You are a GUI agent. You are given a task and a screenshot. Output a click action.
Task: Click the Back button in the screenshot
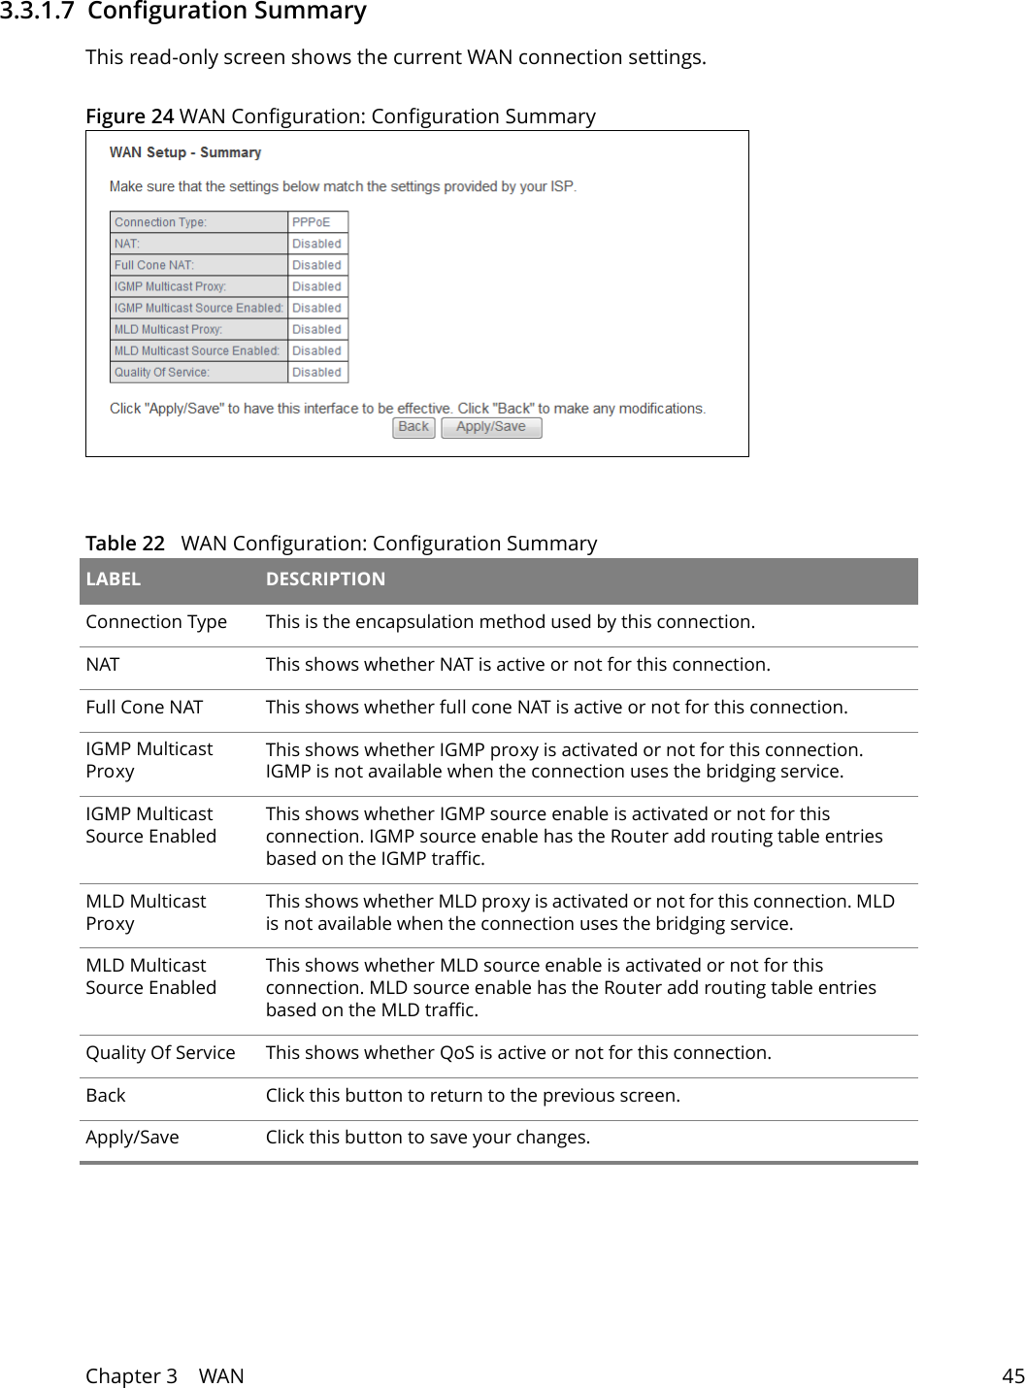[x=413, y=427]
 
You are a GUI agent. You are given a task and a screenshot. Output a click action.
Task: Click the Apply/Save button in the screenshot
[x=491, y=427]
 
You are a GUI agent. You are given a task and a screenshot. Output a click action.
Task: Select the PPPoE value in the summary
[x=312, y=222]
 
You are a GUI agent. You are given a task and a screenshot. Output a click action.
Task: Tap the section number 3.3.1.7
[x=37, y=12]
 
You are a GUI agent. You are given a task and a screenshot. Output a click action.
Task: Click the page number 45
[x=1012, y=1375]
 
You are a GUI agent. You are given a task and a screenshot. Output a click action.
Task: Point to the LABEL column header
[x=114, y=579]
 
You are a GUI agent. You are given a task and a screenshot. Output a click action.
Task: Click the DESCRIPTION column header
[x=325, y=579]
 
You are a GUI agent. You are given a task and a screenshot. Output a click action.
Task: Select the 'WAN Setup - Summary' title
[x=185, y=152]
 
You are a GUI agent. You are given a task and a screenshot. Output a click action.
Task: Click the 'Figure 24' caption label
[x=129, y=116]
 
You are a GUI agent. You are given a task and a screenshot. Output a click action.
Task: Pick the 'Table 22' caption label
[x=125, y=544]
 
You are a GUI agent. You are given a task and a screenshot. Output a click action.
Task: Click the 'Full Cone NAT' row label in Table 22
[x=145, y=708]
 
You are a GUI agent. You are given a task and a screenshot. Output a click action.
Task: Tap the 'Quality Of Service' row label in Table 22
[x=160, y=1053]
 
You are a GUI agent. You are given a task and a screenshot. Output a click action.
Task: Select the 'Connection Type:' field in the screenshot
[x=161, y=222]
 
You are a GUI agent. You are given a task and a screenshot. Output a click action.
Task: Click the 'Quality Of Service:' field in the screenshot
[x=162, y=372]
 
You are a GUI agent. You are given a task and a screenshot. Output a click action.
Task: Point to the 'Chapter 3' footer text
[x=131, y=1375]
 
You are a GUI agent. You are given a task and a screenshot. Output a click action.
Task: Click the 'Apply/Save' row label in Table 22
[x=132, y=1138]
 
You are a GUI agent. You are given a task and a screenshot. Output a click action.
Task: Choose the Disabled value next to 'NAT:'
[x=316, y=244]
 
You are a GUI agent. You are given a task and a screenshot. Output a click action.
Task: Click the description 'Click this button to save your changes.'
[x=427, y=1138]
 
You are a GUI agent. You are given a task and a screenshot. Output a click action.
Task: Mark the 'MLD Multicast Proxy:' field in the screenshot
[x=169, y=329]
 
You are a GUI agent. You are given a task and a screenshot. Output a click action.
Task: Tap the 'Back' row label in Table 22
[x=106, y=1096]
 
